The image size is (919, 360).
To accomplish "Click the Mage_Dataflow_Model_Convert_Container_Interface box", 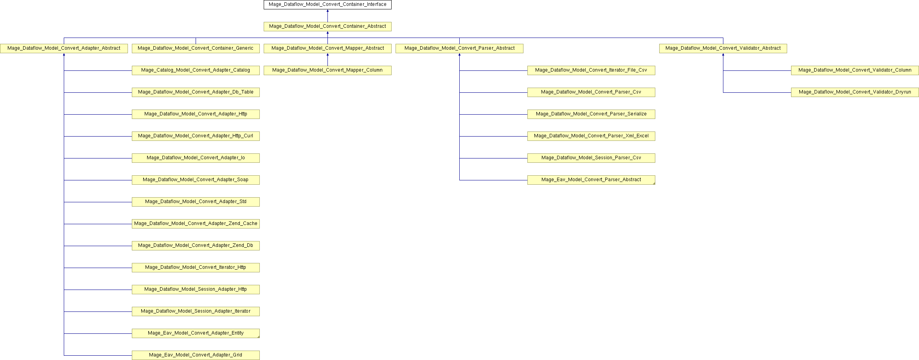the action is pyautogui.click(x=327, y=5).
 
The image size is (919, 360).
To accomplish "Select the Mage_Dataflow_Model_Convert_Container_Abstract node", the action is pyautogui.click(x=327, y=27).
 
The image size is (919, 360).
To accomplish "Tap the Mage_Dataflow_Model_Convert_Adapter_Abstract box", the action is pyautogui.click(x=64, y=49).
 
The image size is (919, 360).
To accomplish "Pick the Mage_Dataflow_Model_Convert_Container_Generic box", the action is pyautogui.click(x=196, y=49).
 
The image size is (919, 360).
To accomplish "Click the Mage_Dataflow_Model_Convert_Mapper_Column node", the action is pyautogui.click(x=327, y=70).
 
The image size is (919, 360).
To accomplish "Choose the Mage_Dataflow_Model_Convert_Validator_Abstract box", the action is pyautogui.click(x=723, y=49).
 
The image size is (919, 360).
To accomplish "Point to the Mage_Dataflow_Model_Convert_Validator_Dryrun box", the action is pyautogui.click(x=855, y=92).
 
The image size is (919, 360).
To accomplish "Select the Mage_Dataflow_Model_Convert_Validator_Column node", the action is pyautogui.click(x=855, y=70).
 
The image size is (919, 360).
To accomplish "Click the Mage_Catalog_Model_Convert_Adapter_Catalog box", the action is pyautogui.click(x=196, y=70).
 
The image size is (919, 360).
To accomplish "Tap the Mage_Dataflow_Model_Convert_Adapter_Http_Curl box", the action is pyautogui.click(x=196, y=136).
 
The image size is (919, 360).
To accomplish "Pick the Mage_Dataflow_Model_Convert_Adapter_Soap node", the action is pyautogui.click(x=196, y=180).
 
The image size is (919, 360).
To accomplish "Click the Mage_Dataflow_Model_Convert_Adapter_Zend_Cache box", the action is pyautogui.click(x=196, y=224).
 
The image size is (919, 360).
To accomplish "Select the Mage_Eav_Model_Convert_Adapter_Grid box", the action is pyautogui.click(x=196, y=355).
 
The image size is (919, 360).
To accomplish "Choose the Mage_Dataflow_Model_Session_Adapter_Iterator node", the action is pyautogui.click(x=196, y=311).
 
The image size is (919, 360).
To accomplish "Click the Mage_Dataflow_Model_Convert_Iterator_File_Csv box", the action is pyautogui.click(x=591, y=70).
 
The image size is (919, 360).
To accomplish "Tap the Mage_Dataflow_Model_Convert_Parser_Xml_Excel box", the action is pyautogui.click(x=591, y=136).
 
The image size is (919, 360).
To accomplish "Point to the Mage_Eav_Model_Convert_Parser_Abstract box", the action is pyautogui.click(x=591, y=180).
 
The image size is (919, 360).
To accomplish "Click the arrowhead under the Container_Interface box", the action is pyautogui.click(x=327, y=11).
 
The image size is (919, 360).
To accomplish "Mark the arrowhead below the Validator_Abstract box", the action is pyautogui.click(x=723, y=55).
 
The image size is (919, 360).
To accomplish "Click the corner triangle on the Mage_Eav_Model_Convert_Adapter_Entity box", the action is pyautogui.click(x=258, y=337).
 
